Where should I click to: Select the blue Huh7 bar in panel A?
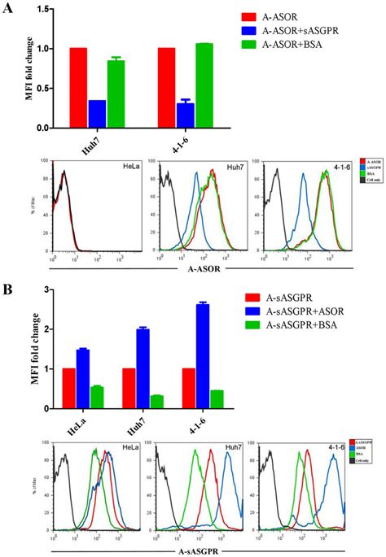click(97, 114)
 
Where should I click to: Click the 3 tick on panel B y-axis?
click(56, 289)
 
